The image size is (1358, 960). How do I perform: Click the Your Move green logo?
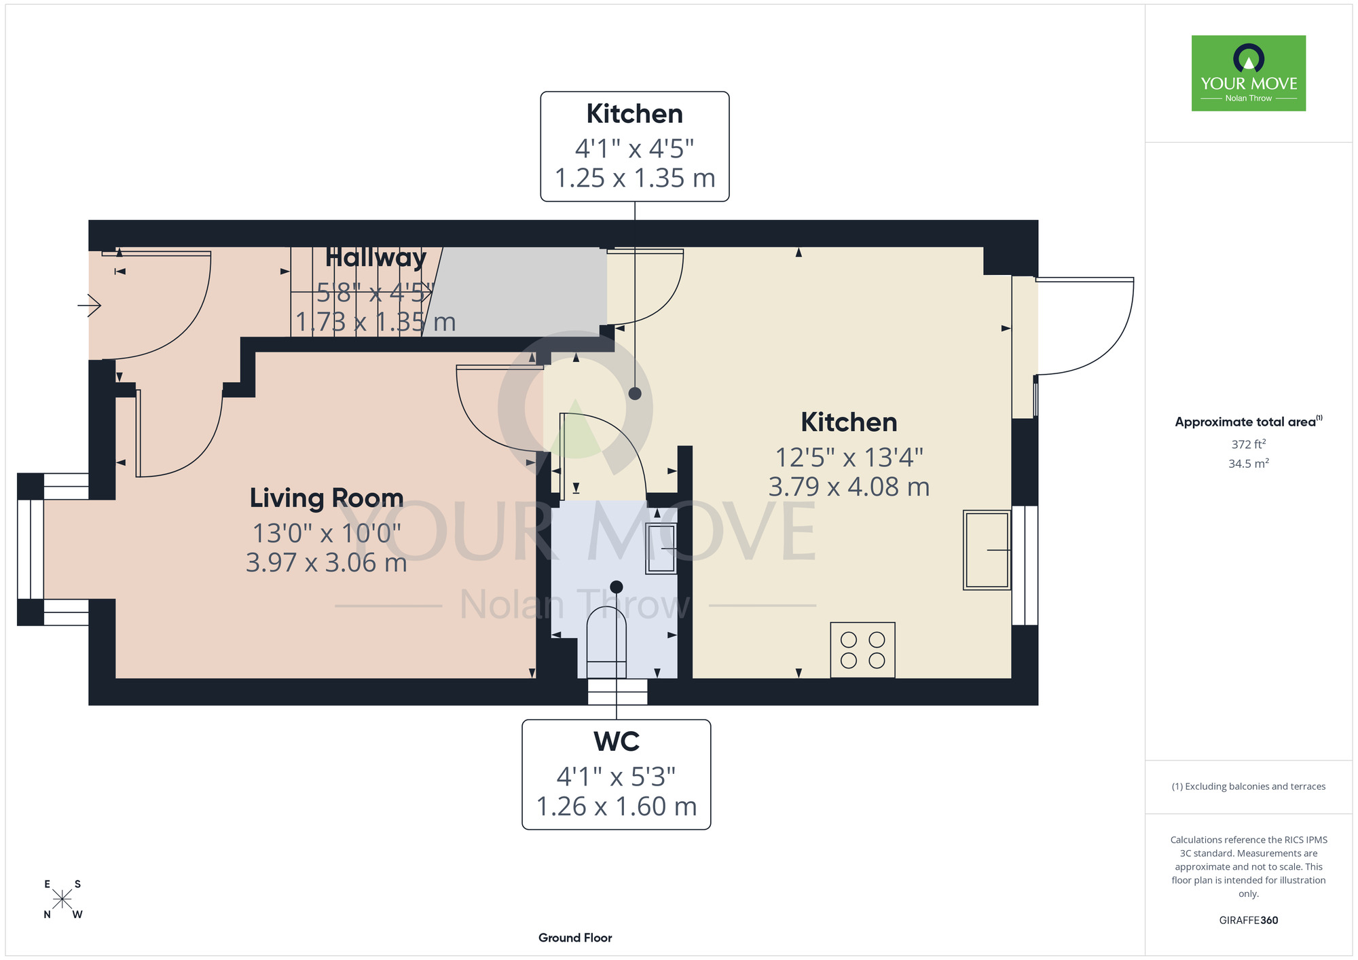[x=1248, y=73]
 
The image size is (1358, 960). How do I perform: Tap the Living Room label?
[x=327, y=498]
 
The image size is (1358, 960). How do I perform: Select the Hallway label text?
[x=375, y=258]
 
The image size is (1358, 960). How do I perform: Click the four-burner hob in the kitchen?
[x=862, y=650]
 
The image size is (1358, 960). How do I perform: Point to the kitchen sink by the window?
[x=987, y=550]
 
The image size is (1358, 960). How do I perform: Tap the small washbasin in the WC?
[x=661, y=548]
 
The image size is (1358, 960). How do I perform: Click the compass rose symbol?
[x=62, y=900]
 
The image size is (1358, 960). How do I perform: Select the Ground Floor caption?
[x=575, y=938]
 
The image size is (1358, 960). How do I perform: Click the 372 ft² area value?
[x=1248, y=444]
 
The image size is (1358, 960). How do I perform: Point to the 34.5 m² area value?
[x=1248, y=464]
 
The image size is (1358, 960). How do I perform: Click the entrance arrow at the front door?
[x=89, y=306]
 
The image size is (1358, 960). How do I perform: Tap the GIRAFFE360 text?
[x=1248, y=921]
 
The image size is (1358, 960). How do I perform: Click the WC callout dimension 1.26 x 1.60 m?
[x=617, y=807]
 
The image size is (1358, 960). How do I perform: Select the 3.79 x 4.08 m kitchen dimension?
[x=849, y=487]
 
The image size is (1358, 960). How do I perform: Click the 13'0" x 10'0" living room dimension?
[x=327, y=534]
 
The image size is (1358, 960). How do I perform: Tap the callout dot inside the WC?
[x=617, y=587]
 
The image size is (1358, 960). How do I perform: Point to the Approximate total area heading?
[x=1248, y=422]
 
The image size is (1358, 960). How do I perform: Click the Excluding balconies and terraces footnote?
[x=1248, y=786]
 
